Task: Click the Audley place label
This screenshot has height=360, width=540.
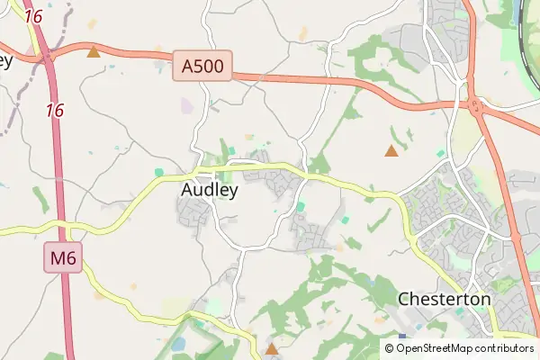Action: coord(210,190)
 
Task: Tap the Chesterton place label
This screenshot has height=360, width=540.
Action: coord(444,298)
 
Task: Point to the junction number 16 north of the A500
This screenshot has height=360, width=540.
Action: coord(33,16)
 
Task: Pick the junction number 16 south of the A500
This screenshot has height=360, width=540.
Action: coord(55,110)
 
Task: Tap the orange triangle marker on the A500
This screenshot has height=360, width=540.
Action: coord(93,52)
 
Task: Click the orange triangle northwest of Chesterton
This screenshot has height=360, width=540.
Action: coord(391,151)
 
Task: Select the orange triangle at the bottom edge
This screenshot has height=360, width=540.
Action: coord(271,347)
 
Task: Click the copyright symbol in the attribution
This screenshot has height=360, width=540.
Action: coord(401,347)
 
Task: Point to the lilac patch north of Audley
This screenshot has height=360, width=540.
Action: coord(186,106)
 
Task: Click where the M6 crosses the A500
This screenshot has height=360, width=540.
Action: coord(46,58)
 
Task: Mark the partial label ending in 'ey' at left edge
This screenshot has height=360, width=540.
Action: coord(5,61)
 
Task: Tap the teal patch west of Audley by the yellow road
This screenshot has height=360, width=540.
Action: coord(158,172)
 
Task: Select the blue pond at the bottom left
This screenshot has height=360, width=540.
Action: coord(178,344)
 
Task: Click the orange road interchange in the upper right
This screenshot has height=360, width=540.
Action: coord(474,101)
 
